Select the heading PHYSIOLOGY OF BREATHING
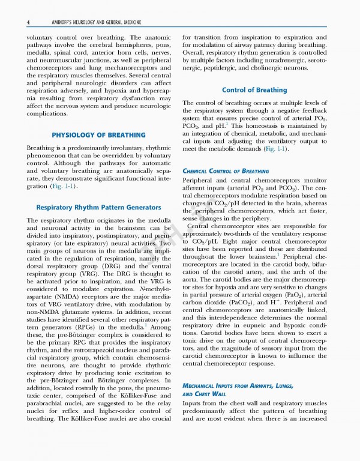[98, 134]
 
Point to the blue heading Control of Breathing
[254, 90]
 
